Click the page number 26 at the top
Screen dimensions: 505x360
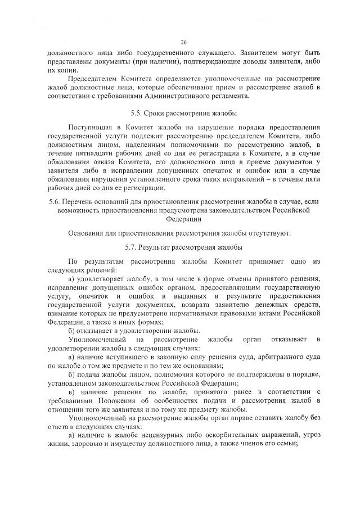[x=183, y=42]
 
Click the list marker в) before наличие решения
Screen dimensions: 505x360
[x=71, y=391]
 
